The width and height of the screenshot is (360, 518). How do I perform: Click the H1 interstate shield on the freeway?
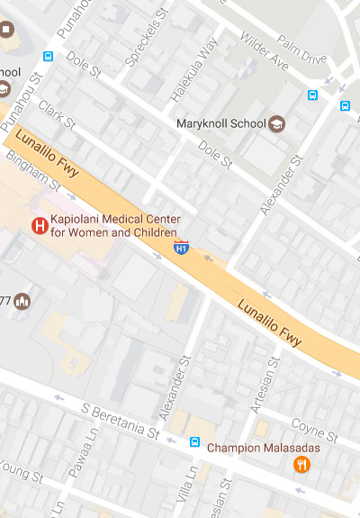[x=181, y=246]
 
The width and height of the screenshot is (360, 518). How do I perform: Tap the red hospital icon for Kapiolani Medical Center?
[x=39, y=226]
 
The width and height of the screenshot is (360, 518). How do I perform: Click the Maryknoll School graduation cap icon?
[x=276, y=123]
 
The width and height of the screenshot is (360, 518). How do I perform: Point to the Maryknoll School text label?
[x=221, y=123]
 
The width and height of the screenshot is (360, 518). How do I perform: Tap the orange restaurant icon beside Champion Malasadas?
[x=302, y=464]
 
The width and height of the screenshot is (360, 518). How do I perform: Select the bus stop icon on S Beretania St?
[x=194, y=442]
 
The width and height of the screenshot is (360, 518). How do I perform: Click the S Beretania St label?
[x=119, y=421]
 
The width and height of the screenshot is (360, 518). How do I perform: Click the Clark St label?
[x=57, y=114]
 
